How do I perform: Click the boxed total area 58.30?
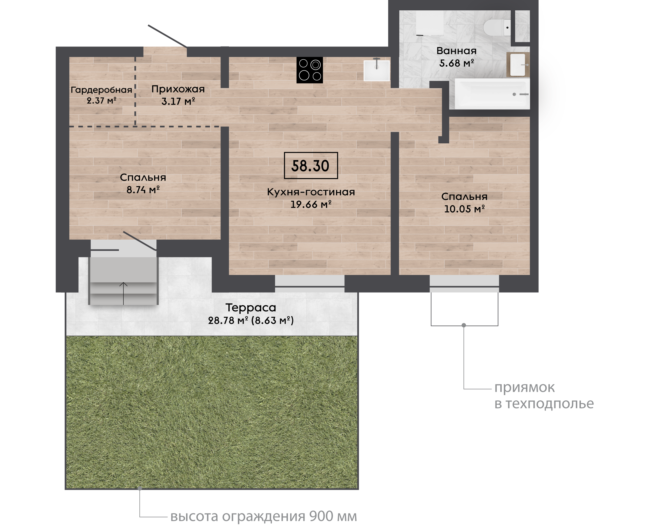pos(311,165)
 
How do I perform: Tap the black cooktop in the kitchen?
pos(310,70)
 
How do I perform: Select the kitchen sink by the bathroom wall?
pos(377,69)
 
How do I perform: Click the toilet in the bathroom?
pos(497,27)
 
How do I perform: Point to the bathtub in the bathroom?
pos(492,94)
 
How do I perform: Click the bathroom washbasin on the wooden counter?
pos(518,65)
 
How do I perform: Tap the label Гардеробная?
pos(101,90)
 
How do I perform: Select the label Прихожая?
pos(178,89)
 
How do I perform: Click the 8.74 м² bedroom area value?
pos(143,190)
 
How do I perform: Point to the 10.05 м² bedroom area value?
pos(464,209)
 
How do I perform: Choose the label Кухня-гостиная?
pos(311,192)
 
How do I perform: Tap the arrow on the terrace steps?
pos(123,293)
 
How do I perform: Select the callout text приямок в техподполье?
pos(544,395)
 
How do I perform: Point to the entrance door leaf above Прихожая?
pos(167,36)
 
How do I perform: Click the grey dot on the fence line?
pos(140,488)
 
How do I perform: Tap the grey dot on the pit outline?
pos(464,325)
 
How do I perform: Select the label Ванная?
pos(456,51)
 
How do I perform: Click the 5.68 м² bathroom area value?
pos(456,63)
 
